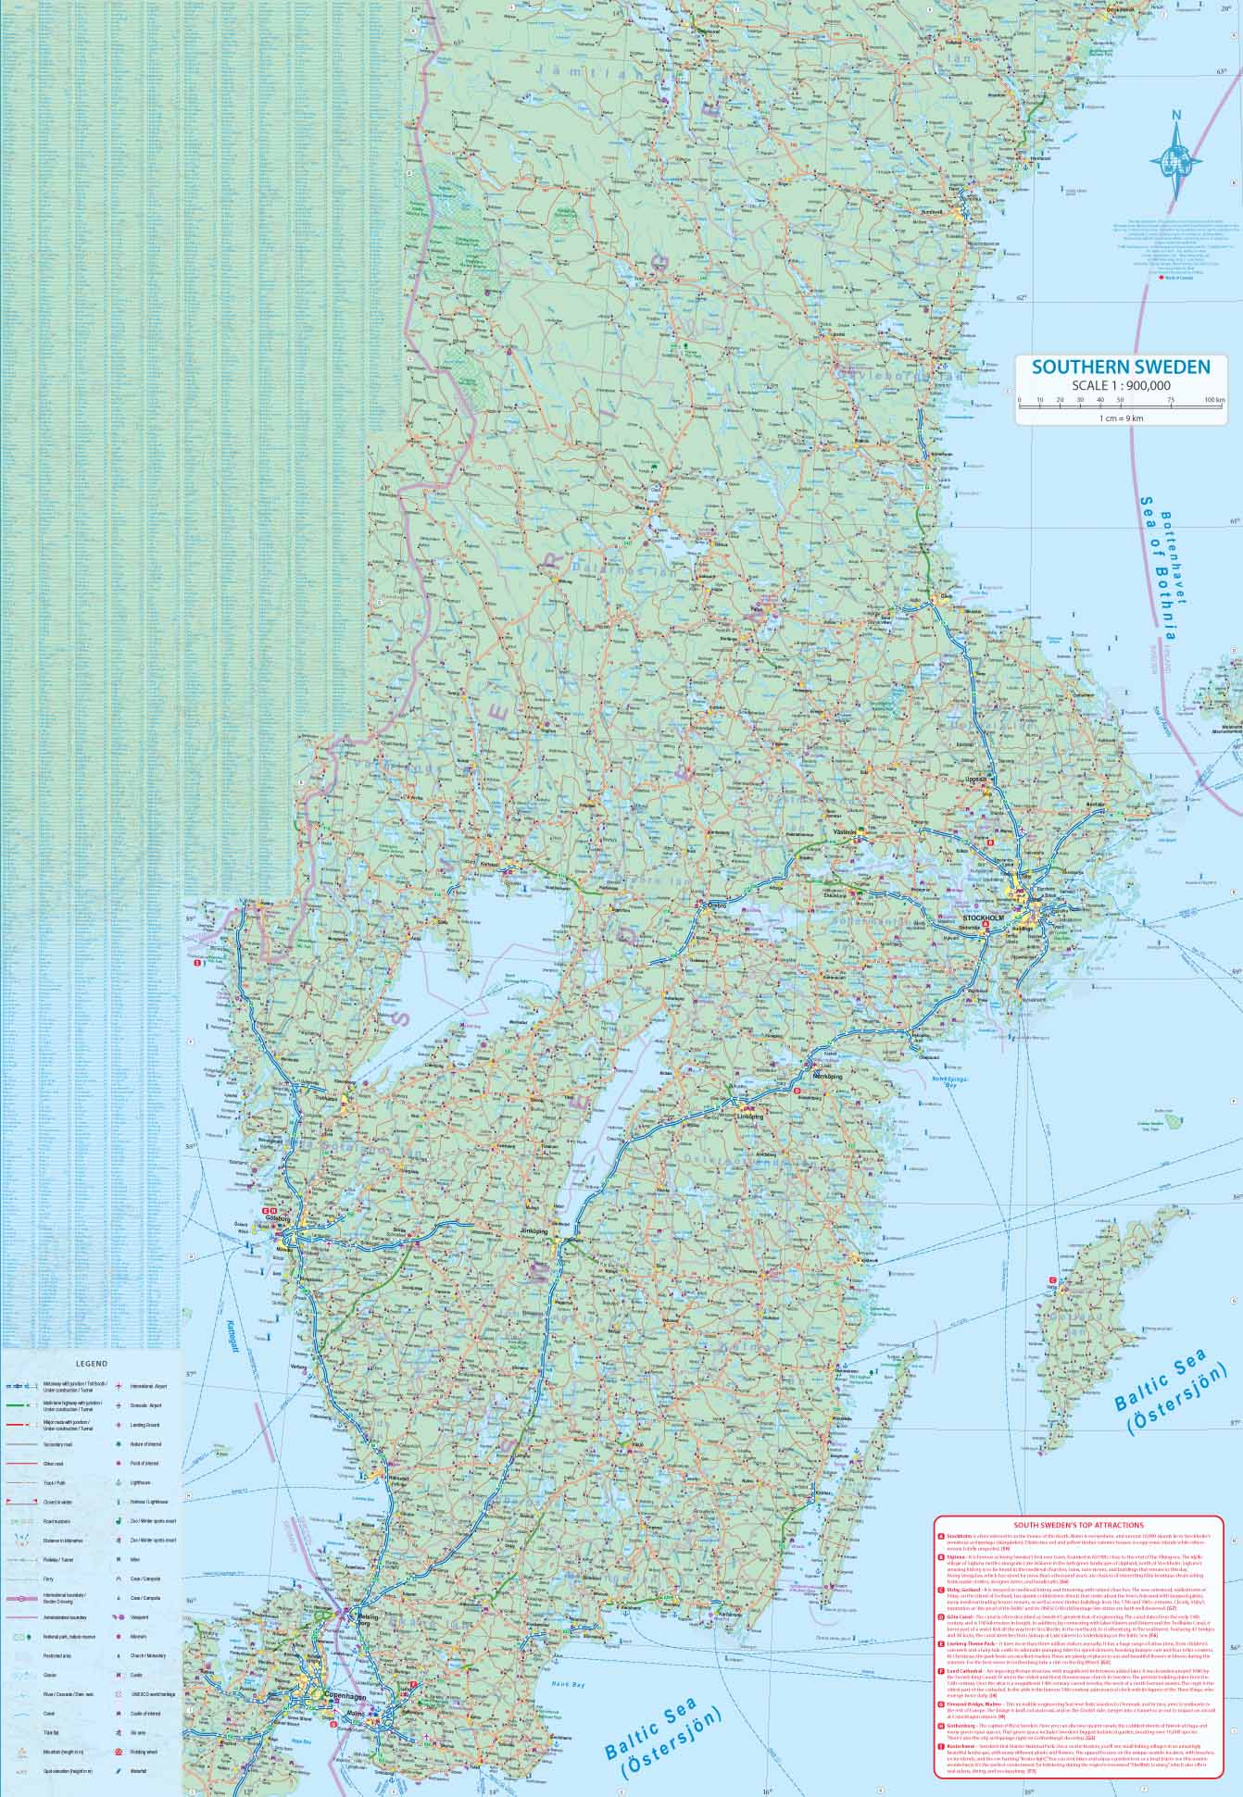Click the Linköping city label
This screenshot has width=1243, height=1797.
748,1117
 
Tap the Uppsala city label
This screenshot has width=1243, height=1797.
978,780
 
